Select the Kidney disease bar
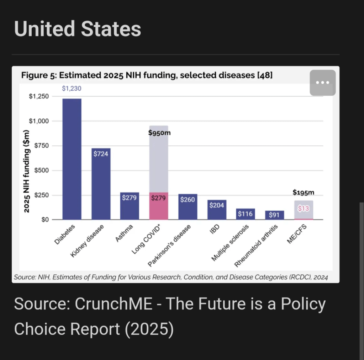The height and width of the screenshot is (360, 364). [x=101, y=185]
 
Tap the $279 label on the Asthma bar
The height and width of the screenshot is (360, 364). [x=129, y=198]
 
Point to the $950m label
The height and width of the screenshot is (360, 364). [x=159, y=133]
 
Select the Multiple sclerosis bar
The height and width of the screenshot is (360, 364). [x=246, y=214]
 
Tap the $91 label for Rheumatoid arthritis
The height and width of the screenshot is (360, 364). [x=274, y=215]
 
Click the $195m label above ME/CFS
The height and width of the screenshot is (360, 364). [x=304, y=192]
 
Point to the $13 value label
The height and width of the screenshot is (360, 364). [x=304, y=209]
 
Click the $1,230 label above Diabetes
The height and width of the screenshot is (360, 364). [x=72, y=88]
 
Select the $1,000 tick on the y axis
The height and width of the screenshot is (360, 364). [x=39, y=121]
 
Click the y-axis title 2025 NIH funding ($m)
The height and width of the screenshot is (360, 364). [x=27, y=171]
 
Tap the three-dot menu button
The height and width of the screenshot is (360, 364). [x=322, y=82]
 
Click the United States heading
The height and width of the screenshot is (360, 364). [x=78, y=29]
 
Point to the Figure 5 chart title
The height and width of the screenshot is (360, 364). [x=147, y=75]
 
